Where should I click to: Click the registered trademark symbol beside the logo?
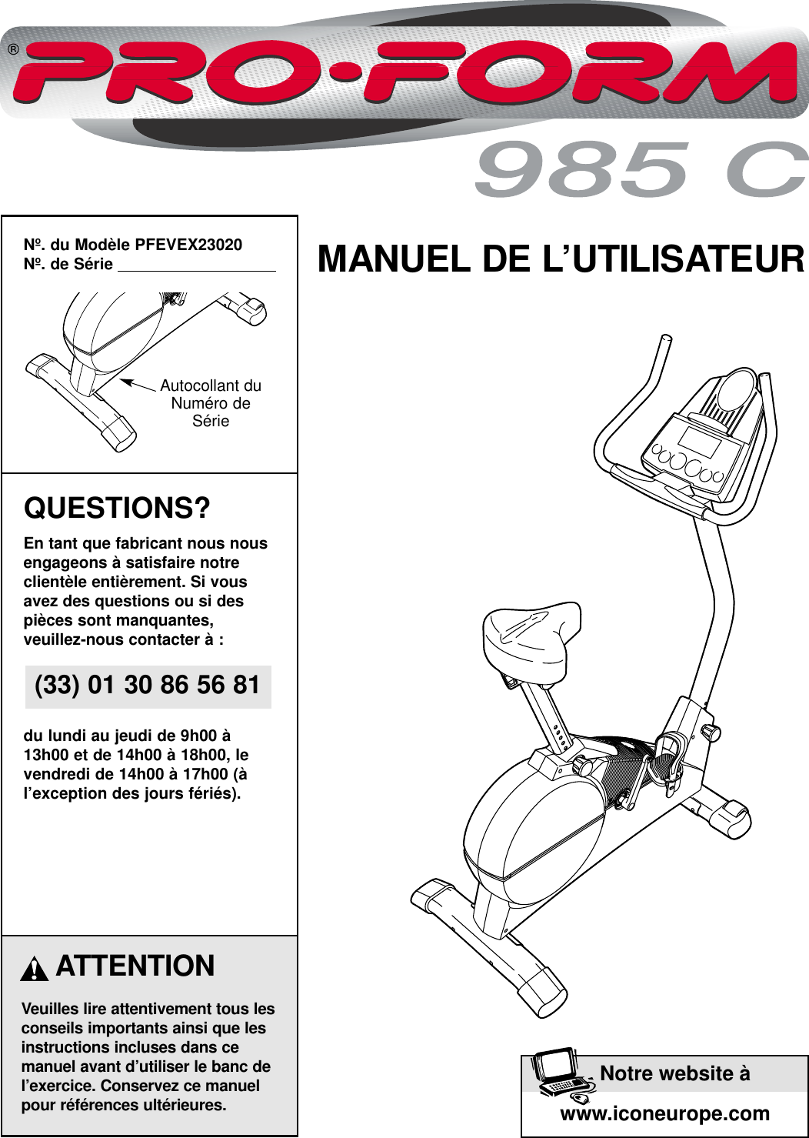click(13, 50)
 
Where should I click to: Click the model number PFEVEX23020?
click(188, 245)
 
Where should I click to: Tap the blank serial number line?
click(196, 265)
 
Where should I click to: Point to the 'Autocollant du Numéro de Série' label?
click(210, 403)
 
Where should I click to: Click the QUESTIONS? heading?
click(117, 509)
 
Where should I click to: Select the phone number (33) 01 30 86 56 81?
click(148, 685)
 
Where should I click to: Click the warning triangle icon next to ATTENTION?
click(35, 968)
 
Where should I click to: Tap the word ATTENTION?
click(135, 966)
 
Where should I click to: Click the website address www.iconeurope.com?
click(664, 1113)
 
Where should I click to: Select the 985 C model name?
click(641, 170)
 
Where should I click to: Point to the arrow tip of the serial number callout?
click(122, 380)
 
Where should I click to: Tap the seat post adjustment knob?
click(581, 766)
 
